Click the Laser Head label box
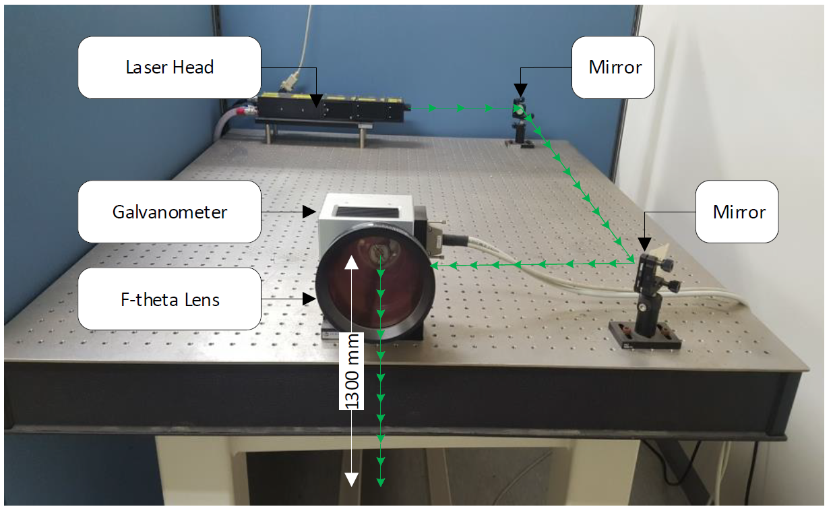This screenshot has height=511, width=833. [x=169, y=67]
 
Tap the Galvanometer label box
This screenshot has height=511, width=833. [x=169, y=212]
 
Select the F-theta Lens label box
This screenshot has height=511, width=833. [x=169, y=299]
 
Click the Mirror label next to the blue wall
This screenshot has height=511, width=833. [x=613, y=67]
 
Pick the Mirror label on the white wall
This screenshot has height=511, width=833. [x=737, y=212]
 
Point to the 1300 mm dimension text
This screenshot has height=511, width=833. [x=352, y=371]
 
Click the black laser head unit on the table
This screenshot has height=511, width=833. [x=330, y=109]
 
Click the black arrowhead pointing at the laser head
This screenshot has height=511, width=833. [x=317, y=101]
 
